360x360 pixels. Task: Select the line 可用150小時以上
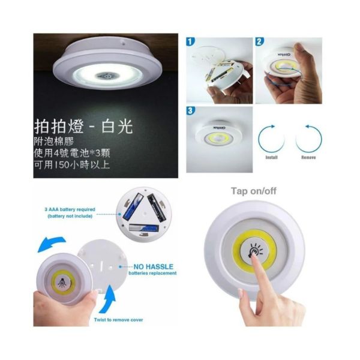pos(72,164)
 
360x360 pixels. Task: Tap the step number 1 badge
pos(191,43)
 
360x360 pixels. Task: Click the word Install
pos(271,158)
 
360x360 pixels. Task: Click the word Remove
pos(308,158)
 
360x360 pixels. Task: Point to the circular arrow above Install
pos(271,137)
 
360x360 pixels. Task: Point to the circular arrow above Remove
pos(308,137)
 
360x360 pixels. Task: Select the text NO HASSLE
pos(152,265)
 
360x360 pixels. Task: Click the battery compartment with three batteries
pos(143,214)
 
